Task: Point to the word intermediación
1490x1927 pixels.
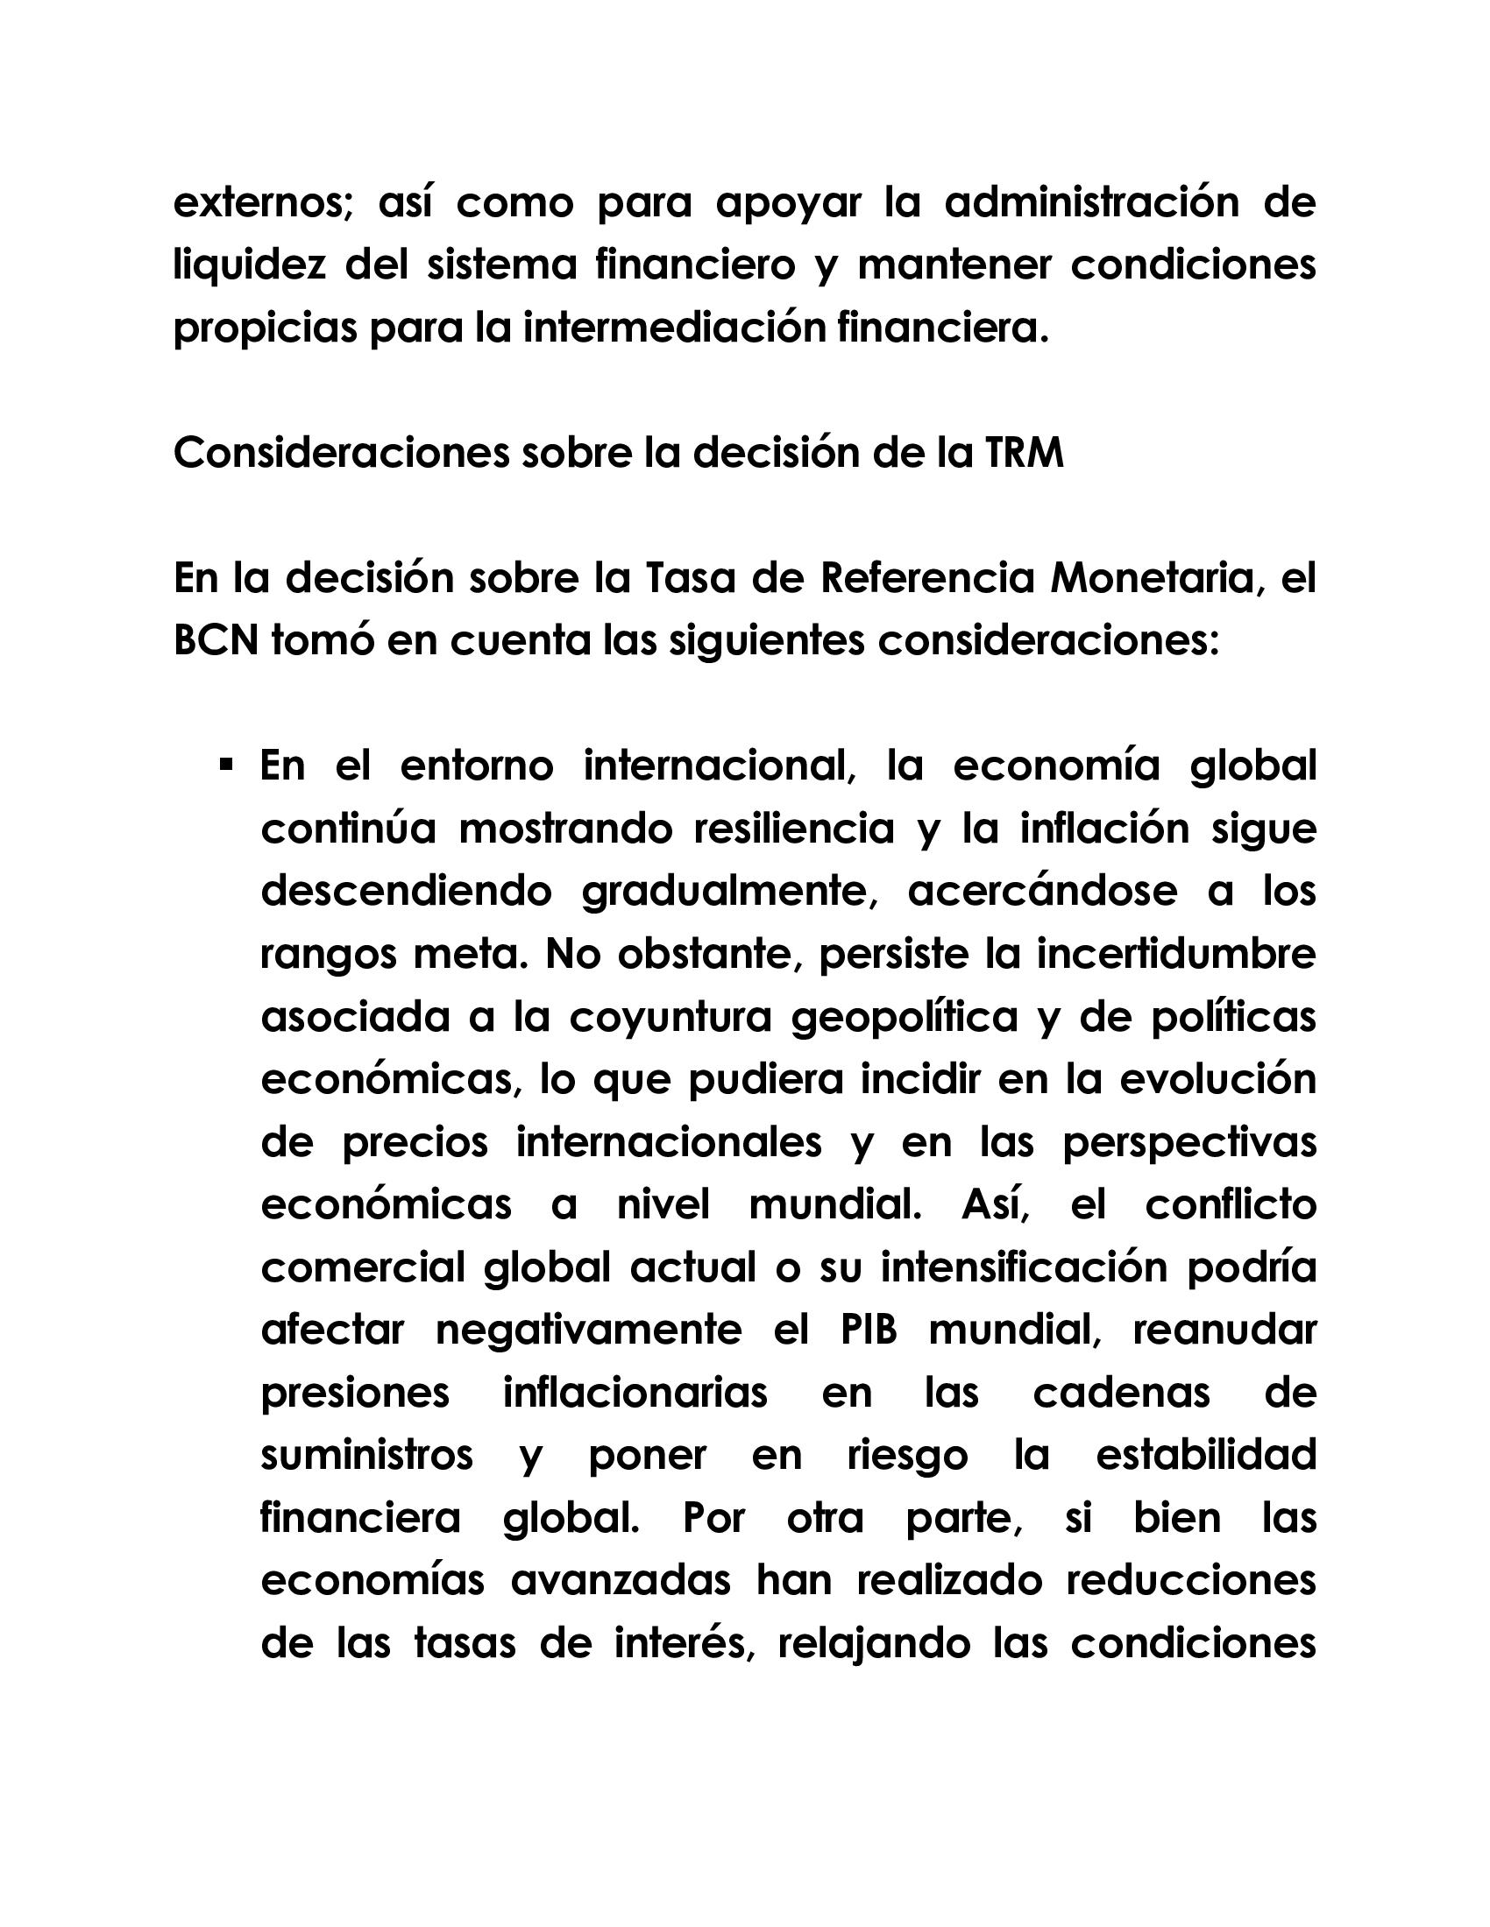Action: (x=670, y=329)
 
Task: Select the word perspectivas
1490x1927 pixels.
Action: (x=1189, y=1142)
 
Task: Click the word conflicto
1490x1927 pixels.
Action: (x=1231, y=1205)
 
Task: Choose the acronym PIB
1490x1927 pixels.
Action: (x=869, y=1331)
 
